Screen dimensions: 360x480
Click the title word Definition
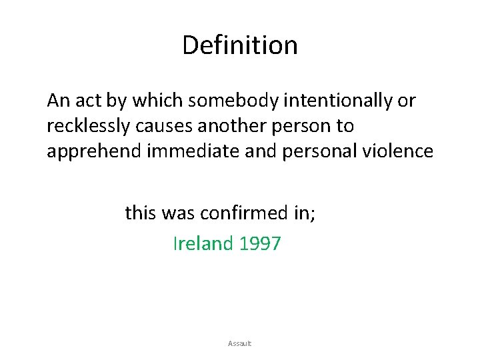pyautogui.click(x=239, y=45)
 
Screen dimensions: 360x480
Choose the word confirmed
pyautogui.click(x=251, y=213)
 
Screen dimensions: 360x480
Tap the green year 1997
pyautogui.click(x=259, y=244)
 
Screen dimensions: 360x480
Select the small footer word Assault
pyautogui.click(x=239, y=343)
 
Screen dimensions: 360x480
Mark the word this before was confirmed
pyautogui.click(x=139, y=213)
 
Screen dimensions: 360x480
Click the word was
pyautogui.click(x=179, y=213)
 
